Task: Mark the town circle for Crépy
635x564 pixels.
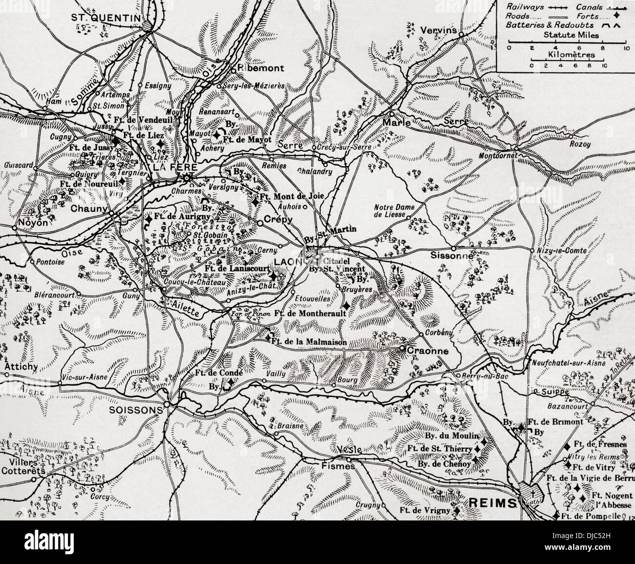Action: (x=260, y=223)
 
